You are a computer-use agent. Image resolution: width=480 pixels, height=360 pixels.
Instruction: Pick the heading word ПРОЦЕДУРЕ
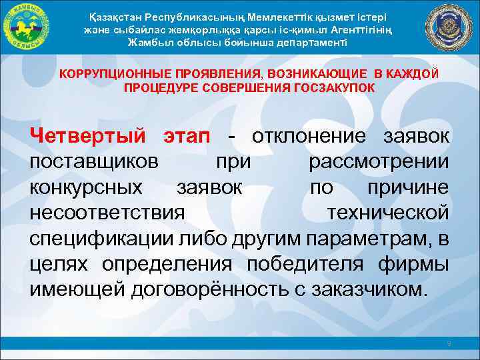pyautogui.click(x=156, y=88)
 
